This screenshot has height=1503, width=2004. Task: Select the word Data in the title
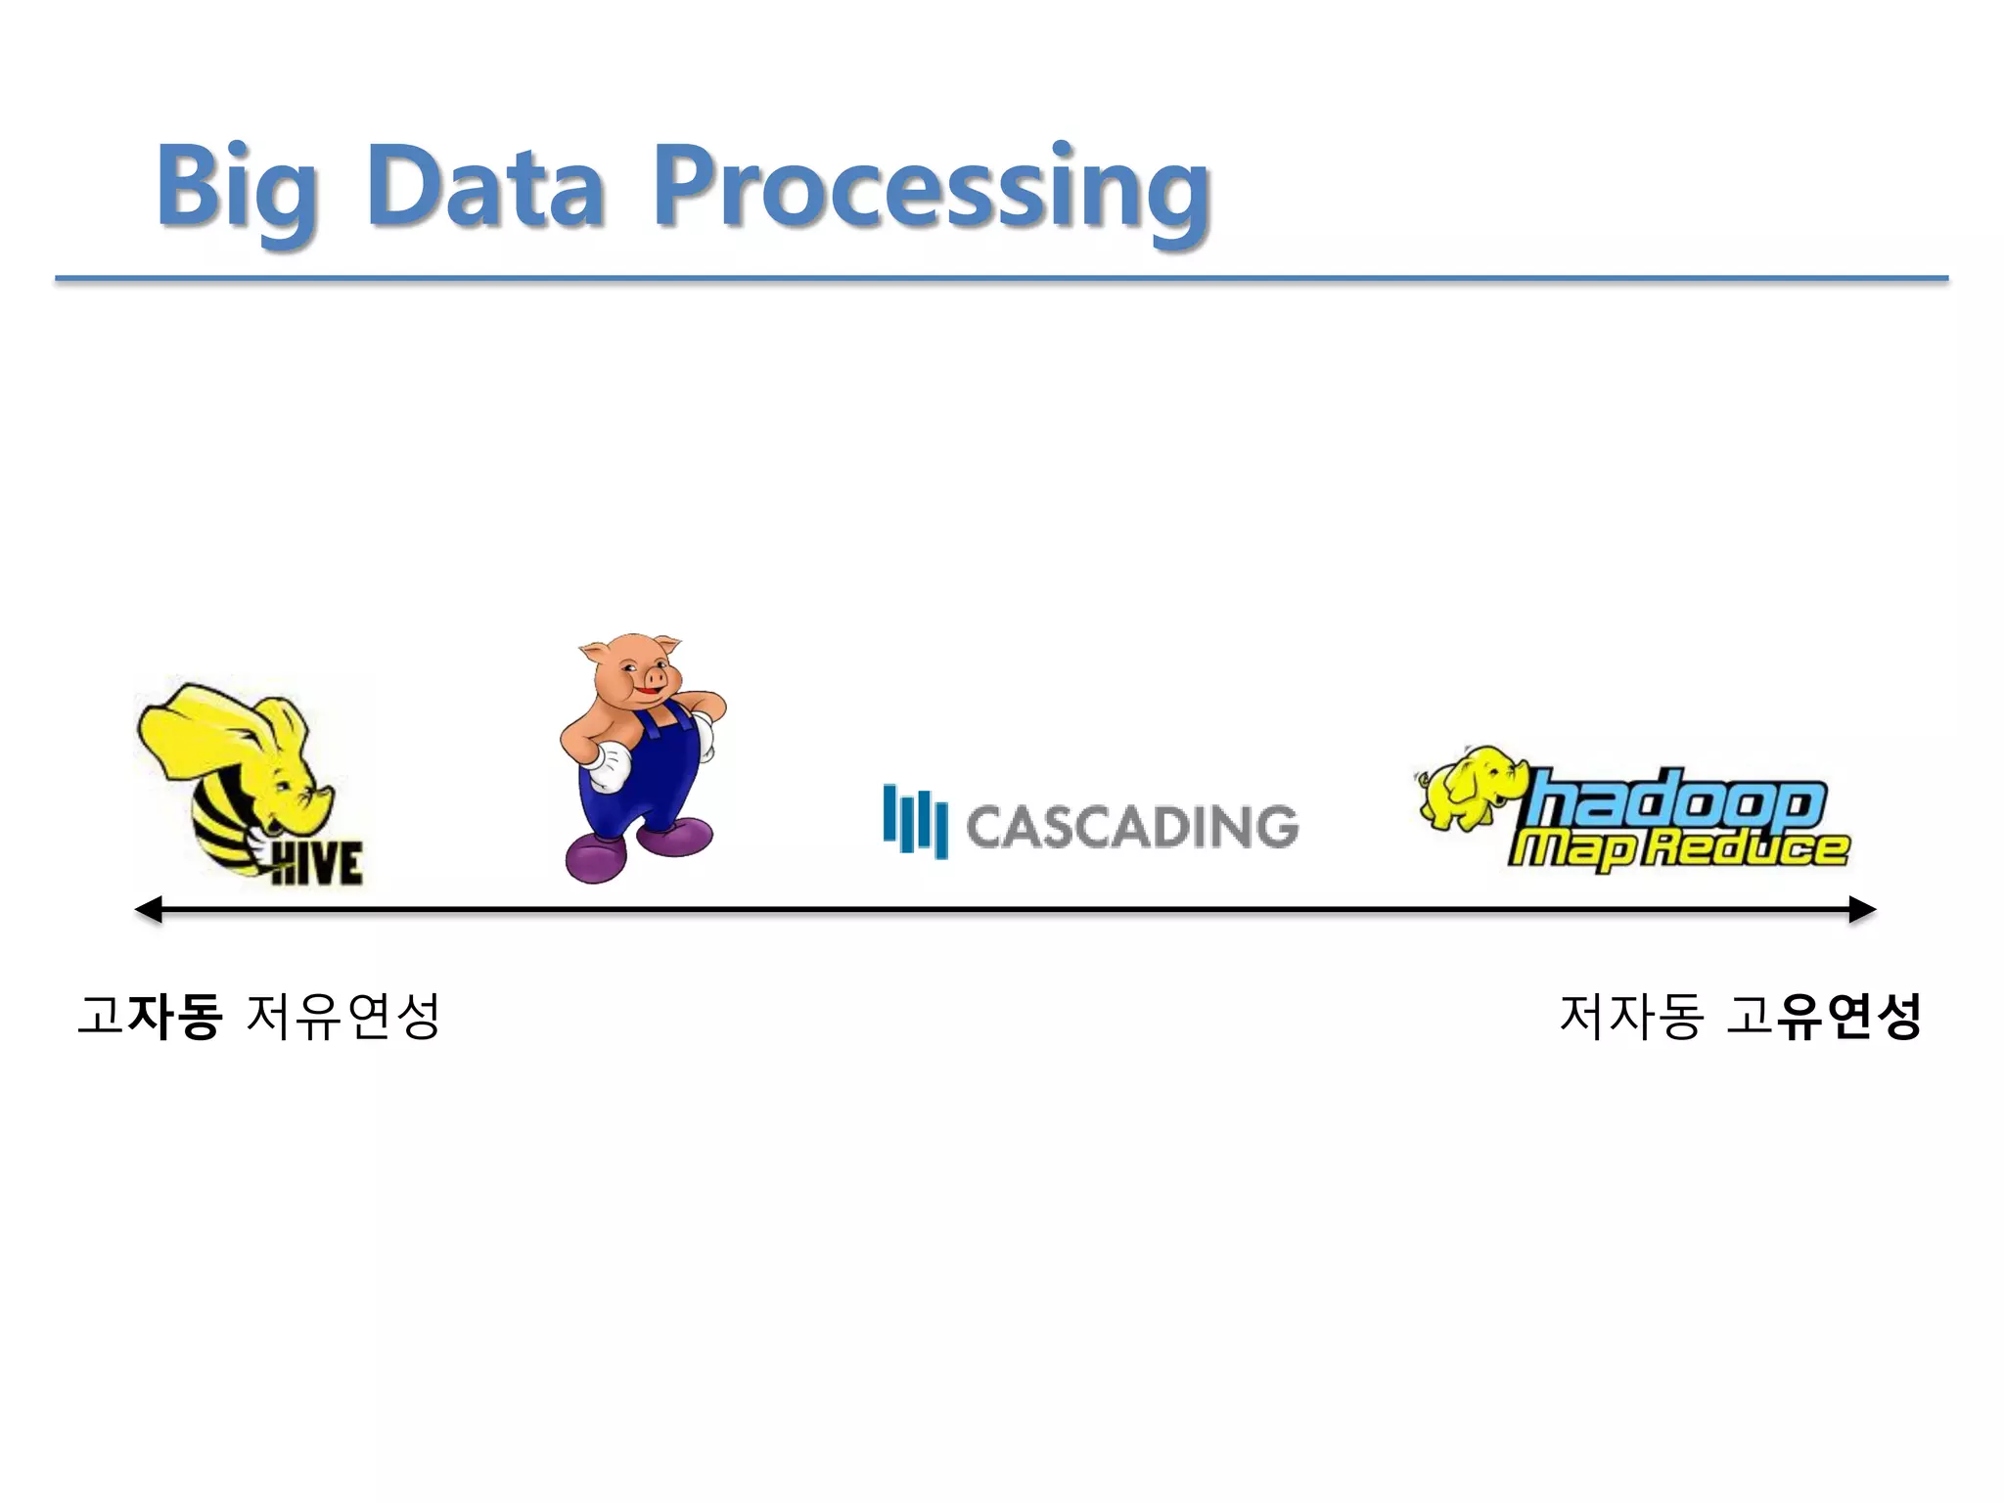(485, 186)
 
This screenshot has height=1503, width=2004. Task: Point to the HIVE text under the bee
(316, 863)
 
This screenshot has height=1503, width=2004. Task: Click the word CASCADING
(1132, 827)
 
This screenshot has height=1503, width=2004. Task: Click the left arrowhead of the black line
(148, 910)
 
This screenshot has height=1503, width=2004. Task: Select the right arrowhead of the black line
(1862, 910)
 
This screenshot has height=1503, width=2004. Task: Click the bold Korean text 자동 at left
(175, 1016)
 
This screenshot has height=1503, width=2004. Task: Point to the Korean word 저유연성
(342, 1016)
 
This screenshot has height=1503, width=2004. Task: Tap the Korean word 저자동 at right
(1631, 1016)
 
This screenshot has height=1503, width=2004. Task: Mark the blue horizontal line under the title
(1002, 279)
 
